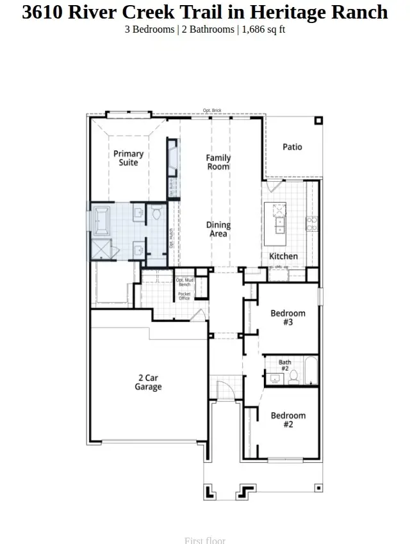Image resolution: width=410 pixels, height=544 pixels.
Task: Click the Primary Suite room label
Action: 128,158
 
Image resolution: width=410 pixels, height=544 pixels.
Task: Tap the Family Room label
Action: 218,162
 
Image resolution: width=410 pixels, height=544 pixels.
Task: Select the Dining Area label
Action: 218,229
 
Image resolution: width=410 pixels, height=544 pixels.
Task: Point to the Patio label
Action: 292,147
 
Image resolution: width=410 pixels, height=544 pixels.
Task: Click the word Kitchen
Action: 283,256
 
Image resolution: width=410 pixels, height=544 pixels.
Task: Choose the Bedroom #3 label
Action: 288,317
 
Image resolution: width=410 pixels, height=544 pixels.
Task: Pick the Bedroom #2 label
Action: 288,420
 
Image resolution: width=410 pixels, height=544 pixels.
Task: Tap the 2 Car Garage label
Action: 148,382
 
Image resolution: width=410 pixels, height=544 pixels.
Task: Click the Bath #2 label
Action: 284,365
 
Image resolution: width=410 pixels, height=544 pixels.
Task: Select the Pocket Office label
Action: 184,296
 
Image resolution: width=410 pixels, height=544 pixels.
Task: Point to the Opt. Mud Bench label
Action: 184,282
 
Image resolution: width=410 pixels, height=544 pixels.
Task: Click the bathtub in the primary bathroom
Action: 101,220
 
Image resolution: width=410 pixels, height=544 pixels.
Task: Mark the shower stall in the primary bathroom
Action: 101,249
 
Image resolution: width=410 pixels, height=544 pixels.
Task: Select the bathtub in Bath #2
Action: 310,371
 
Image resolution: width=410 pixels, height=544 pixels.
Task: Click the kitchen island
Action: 279,221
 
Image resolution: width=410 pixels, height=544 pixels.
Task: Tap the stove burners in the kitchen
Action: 311,223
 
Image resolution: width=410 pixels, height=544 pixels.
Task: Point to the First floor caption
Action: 205,540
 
